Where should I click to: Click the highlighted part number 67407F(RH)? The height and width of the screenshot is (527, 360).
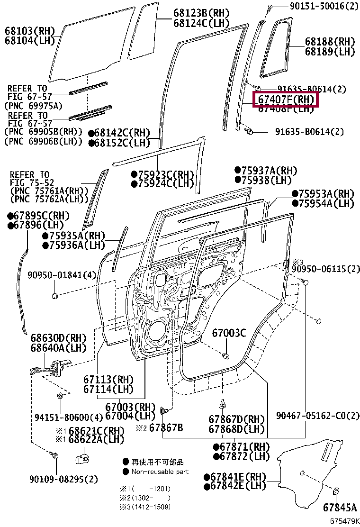tap(286, 100)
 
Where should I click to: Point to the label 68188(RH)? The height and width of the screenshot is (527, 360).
tap(330, 42)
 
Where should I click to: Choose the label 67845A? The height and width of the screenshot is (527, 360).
tap(340, 508)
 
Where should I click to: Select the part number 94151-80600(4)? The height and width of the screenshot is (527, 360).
tap(69, 418)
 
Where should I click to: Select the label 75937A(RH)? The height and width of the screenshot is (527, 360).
tap(269, 171)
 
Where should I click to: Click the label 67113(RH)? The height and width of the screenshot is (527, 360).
tap(108, 380)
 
